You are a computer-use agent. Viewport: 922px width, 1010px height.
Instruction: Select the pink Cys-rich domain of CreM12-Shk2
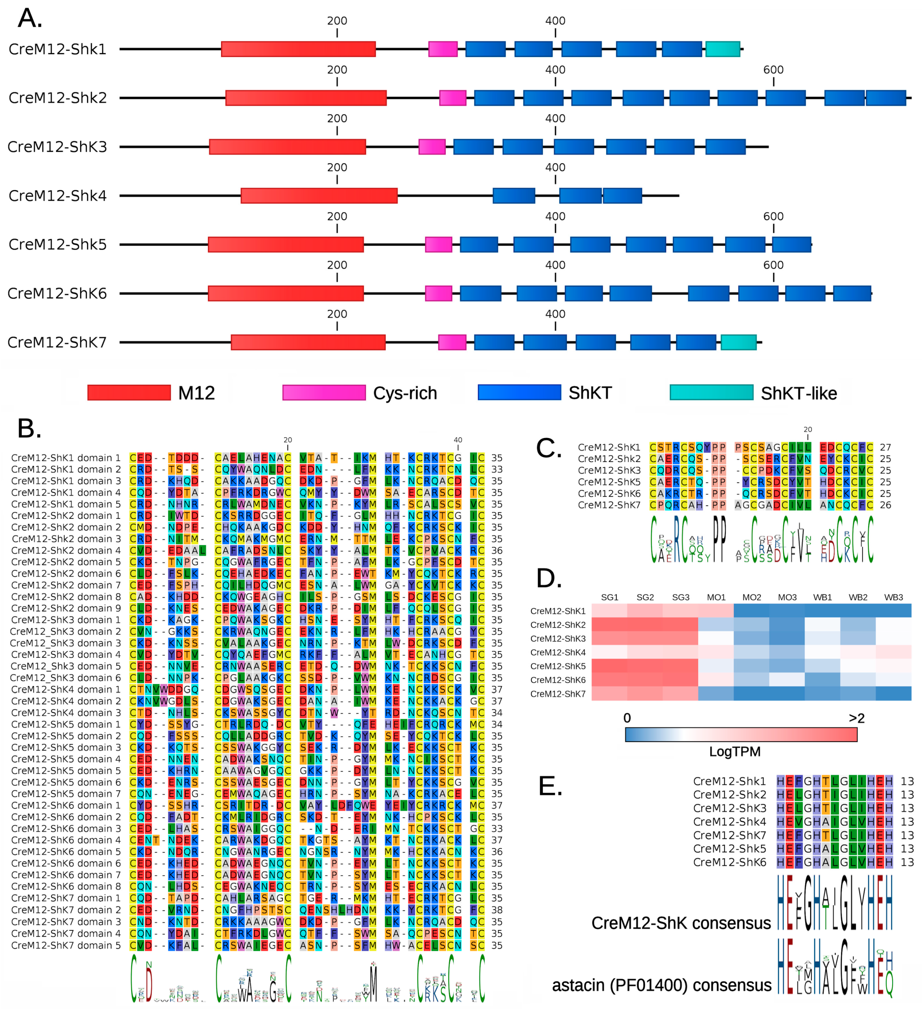coord(452,98)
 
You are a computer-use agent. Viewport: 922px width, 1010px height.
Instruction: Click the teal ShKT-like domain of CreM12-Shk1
coord(723,49)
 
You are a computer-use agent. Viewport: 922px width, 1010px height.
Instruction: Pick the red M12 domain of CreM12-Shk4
coord(319,195)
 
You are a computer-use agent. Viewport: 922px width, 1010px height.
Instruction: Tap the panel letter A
coord(30,19)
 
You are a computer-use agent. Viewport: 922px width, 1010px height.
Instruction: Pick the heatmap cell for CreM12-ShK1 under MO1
coord(716,611)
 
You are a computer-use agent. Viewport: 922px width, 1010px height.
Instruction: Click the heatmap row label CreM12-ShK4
coord(557,652)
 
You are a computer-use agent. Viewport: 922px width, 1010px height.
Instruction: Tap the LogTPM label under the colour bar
coord(735,751)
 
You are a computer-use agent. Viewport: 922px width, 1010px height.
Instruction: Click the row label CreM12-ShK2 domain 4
coord(66,550)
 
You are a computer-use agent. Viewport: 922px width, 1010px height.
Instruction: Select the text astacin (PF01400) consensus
coord(661,985)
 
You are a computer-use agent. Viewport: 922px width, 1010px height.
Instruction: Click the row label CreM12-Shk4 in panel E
coord(730,822)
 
